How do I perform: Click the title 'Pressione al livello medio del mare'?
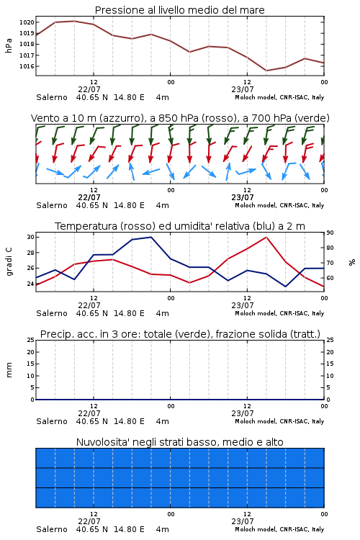(179, 10)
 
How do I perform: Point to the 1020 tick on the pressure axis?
(27, 22)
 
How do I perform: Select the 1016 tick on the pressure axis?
(27, 66)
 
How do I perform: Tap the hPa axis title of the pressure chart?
(9, 45)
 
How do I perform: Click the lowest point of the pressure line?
(266, 71)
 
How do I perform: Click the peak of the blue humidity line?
(151, 237)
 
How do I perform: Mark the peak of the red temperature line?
(266, 237)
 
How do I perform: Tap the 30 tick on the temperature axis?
(30, 237)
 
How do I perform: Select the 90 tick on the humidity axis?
(330, 233)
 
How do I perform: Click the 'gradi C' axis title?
(9, 262)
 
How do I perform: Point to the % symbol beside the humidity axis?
(352, 262)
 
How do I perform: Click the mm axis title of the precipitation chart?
(9, 370)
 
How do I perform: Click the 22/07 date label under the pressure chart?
(89, 89)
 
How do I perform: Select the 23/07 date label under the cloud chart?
(243, 521)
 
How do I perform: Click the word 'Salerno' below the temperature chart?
(52, 313)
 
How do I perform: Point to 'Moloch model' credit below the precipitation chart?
(256, 421)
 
